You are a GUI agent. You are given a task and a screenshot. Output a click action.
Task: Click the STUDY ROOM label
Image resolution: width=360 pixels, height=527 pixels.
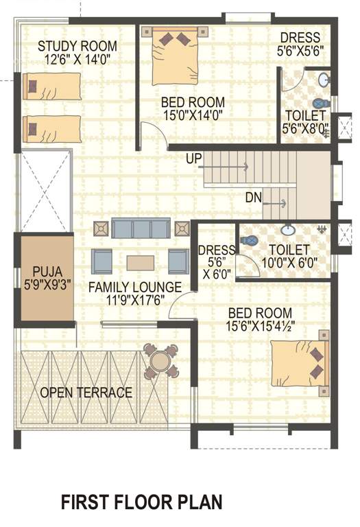[77, 46]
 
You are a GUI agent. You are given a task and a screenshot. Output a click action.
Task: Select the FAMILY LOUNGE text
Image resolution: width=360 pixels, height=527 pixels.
[135, 287]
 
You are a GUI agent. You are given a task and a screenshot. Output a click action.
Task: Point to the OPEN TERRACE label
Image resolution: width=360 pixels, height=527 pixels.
[86, 393]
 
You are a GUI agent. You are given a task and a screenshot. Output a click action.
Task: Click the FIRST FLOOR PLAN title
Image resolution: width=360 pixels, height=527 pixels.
[142, 502]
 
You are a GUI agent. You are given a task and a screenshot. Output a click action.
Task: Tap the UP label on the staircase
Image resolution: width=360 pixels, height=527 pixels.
[193, 159]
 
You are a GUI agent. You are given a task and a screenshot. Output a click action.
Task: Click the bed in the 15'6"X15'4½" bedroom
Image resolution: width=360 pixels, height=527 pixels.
[300, 363]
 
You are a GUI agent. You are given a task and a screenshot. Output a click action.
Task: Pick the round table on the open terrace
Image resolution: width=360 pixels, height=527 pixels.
[160, 362]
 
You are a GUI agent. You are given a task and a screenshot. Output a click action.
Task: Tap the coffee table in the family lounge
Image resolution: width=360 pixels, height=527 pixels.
[140, 263]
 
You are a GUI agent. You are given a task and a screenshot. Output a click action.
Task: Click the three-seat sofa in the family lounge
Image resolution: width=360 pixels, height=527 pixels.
[141, 229]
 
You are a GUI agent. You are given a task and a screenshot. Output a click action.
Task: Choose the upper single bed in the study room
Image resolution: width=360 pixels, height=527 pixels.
[52, 86]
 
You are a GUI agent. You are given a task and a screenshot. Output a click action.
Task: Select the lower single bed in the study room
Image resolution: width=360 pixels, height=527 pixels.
[52, 128]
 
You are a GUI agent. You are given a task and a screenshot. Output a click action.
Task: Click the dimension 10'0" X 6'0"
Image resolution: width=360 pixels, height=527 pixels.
[289, 261]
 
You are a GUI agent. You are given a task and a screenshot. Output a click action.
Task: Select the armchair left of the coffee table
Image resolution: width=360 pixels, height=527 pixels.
[104, 261]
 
